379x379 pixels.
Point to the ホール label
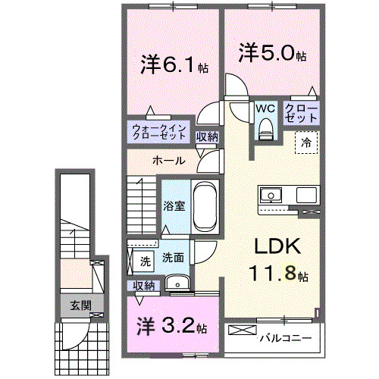[166, 160]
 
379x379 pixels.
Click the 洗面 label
[173, 258]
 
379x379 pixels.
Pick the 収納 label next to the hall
[208, 137]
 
